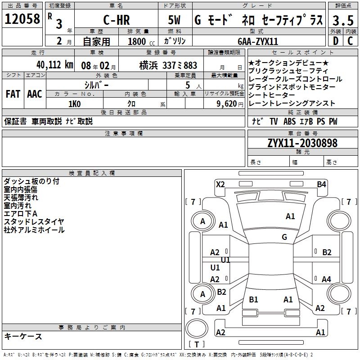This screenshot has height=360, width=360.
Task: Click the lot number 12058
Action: [x=22, y=19]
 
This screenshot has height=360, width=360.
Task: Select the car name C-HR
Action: [x=117, y=20]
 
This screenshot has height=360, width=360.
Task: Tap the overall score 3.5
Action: [x=343, y=20]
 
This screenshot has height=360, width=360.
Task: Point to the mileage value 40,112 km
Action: [x=55, y=65]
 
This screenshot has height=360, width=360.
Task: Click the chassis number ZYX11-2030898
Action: [x=302, y=143]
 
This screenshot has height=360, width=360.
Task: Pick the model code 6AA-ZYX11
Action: [x=258, y=41]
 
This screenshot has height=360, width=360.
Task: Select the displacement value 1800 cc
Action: [x=141, y=41]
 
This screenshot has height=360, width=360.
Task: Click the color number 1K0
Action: [x=75, y=104]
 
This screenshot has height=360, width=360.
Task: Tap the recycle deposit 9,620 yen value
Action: [x=230, y=104]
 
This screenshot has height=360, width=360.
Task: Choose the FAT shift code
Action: [x=13, y=94]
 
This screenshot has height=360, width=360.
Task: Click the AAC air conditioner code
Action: [x=35, y=94]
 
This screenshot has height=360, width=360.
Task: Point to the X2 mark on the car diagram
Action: [x=220, y=184]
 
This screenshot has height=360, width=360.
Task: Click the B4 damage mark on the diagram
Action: [x=321, y=184]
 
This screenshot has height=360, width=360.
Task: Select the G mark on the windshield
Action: [x=284, y=237]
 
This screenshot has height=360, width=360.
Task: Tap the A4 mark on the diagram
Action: [x=326, y=279]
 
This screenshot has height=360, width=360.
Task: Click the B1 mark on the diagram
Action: [x=253, y=299]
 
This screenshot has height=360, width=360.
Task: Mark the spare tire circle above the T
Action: [x=197, y=328]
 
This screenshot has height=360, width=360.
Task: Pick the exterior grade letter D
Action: [x=336, y=41]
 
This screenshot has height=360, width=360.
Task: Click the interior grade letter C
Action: [x=350, y=41]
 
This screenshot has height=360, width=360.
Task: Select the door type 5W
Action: [x=175, y=20]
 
